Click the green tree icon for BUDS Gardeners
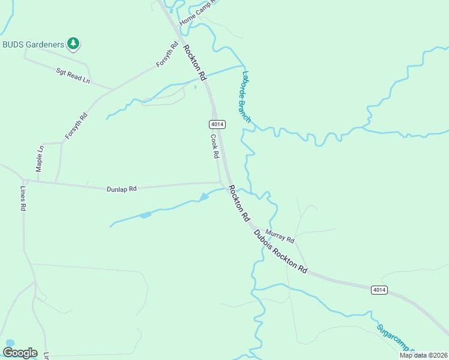pos(73,43)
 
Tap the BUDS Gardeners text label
pos(33,44)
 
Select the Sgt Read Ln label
pos(73,75)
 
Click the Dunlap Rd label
pos(122,188)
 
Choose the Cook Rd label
pos(214,145)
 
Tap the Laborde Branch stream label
pos(246,97)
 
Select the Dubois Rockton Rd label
pos(280,251)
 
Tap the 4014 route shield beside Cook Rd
pos(217,124)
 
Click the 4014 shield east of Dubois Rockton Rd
pos(379,290)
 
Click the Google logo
pos(20,352)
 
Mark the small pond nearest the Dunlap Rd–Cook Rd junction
pos(204,197)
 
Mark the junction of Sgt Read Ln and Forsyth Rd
pos(112,90)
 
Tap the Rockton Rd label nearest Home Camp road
pos(194,63)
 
